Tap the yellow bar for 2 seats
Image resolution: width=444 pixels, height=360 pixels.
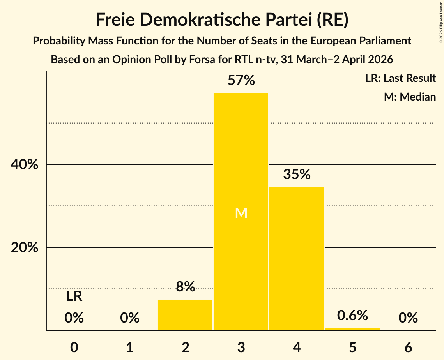185,315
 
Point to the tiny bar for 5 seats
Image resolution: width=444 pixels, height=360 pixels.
352,329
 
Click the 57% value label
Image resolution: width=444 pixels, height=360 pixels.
241,81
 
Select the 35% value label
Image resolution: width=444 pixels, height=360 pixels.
297,175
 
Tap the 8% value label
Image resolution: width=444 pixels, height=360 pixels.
185,287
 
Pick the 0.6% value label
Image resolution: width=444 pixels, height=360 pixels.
352,316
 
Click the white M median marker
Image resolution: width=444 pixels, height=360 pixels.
241,213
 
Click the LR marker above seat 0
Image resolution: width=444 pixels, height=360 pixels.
74,296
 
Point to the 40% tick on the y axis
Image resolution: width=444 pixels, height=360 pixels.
25,165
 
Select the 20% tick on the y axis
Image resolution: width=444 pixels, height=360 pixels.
25,248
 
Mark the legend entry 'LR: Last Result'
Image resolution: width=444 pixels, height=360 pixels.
400,78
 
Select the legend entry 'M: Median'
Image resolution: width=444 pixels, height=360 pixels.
410,97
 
